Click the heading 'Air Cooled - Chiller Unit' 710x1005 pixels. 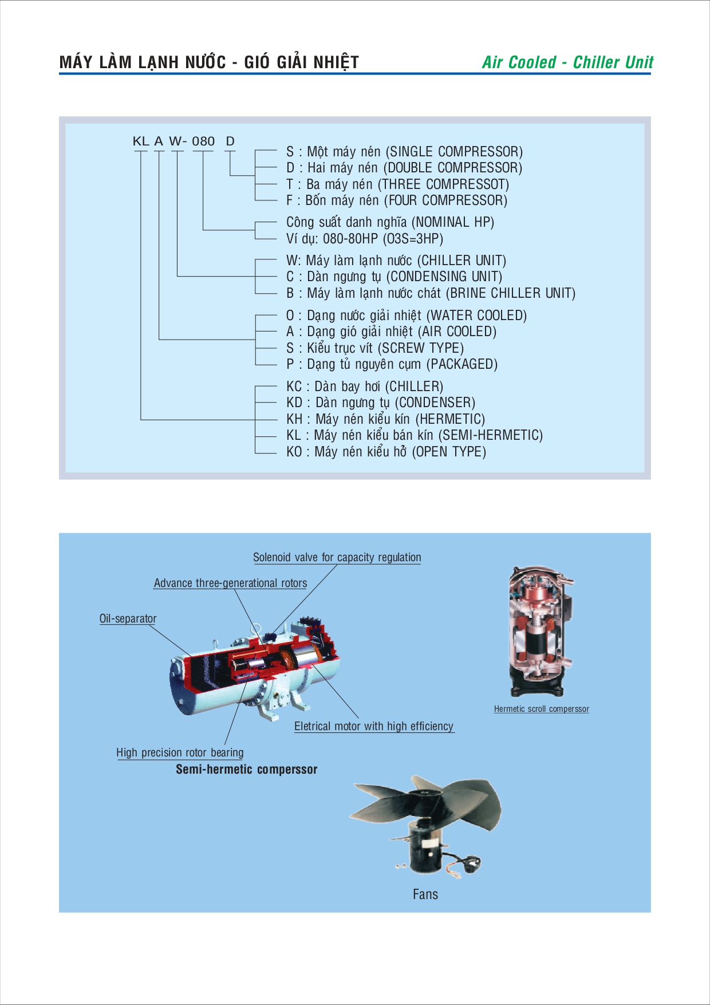[x=567, y=62]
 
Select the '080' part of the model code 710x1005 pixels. [x=203, y=141]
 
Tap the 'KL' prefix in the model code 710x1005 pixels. [x=141, y=141]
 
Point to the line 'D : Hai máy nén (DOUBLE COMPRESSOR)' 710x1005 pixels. [x=404, y=168]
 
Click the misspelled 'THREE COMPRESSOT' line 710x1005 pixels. [x=397, y=184]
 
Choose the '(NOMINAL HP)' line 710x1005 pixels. [x=390, y=222]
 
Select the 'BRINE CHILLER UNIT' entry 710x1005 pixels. [x=431, y=293]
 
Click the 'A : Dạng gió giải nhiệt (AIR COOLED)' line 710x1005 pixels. [x=391, y=332]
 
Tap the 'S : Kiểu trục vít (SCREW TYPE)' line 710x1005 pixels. [x=375, y=348]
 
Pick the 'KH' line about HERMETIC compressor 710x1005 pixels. [x=385, y=419]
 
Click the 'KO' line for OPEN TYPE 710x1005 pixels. [x=386, y=452]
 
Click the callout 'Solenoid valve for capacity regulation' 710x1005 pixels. [x=337, y=557]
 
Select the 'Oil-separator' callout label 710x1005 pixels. [x=128, y=618]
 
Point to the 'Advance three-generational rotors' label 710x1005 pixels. [x=230, y=583]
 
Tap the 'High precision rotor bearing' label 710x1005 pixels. [x=180, y=752]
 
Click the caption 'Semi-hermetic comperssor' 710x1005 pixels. [x=246, y=769]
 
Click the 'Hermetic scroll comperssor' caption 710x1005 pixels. [x=541, y=709]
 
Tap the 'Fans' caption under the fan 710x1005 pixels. [x=425, y=894]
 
